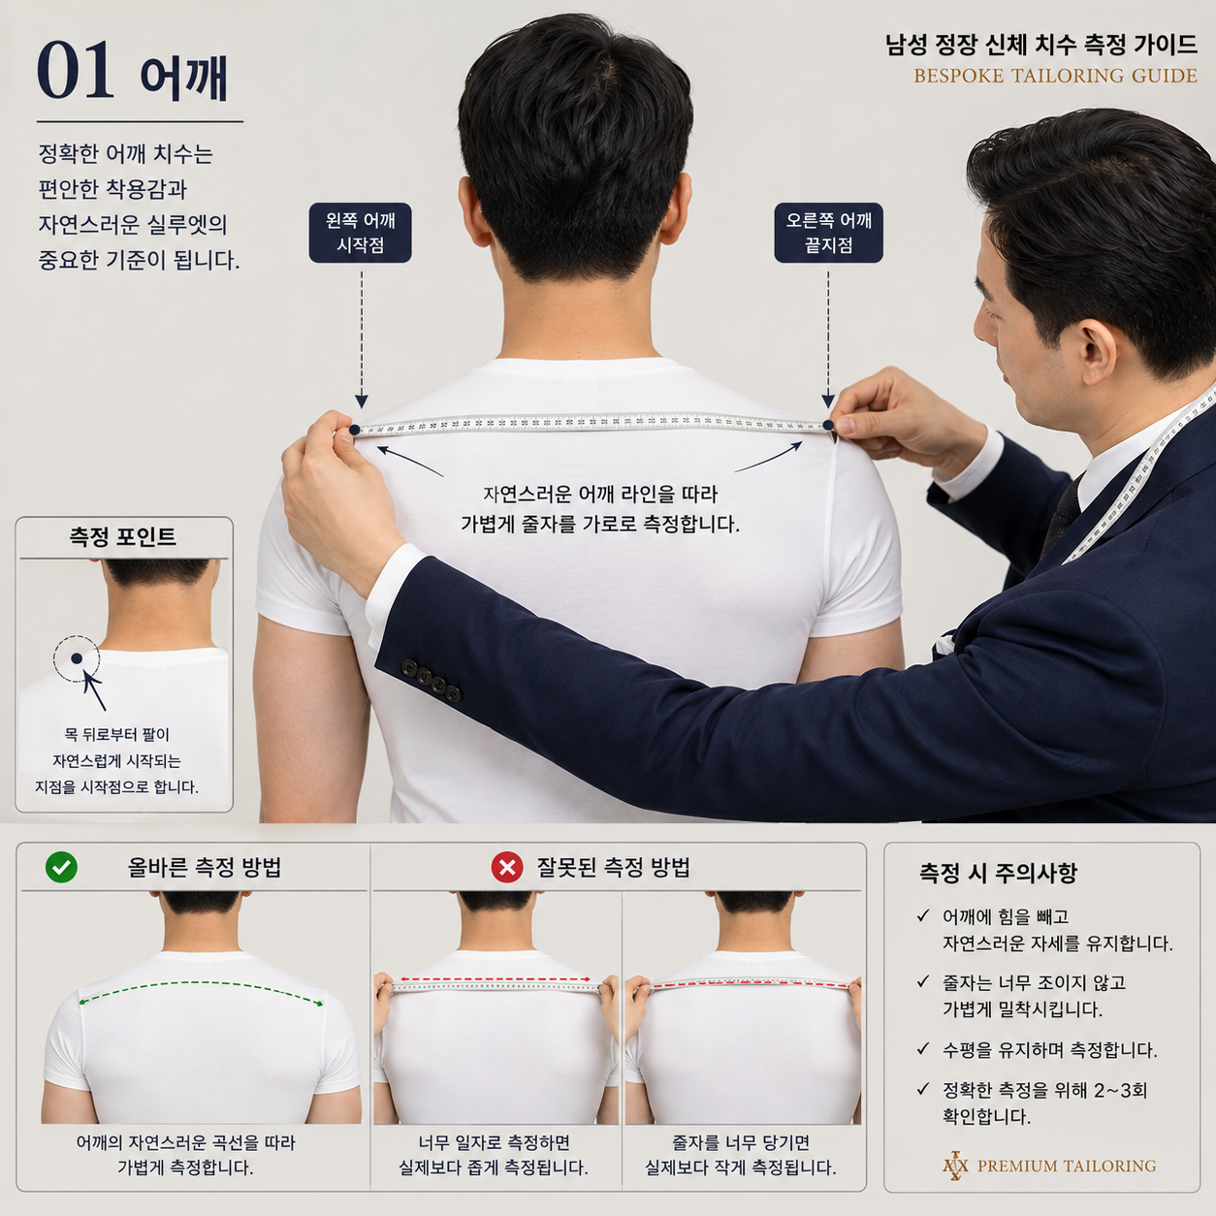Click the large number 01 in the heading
click(76, 70)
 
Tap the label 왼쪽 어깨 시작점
click(360, 232)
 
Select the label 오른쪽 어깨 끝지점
click(828, 232)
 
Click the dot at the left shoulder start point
click(355, 430)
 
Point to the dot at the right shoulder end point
click(828, 426)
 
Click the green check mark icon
click(61, 867)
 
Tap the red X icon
click(507, 867)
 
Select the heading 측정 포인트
click(122, 536)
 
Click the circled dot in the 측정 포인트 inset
click(77, 658)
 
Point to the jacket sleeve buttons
click(431, 680)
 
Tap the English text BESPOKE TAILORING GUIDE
click(1055, 77)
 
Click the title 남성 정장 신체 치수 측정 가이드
click(1041, 45)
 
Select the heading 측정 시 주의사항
click(998, 873)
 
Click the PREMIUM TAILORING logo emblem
click(955, 1166)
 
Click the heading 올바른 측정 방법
click(204, 868)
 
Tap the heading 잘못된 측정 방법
click(614, 868)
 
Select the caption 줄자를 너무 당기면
click(741, 1143)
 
